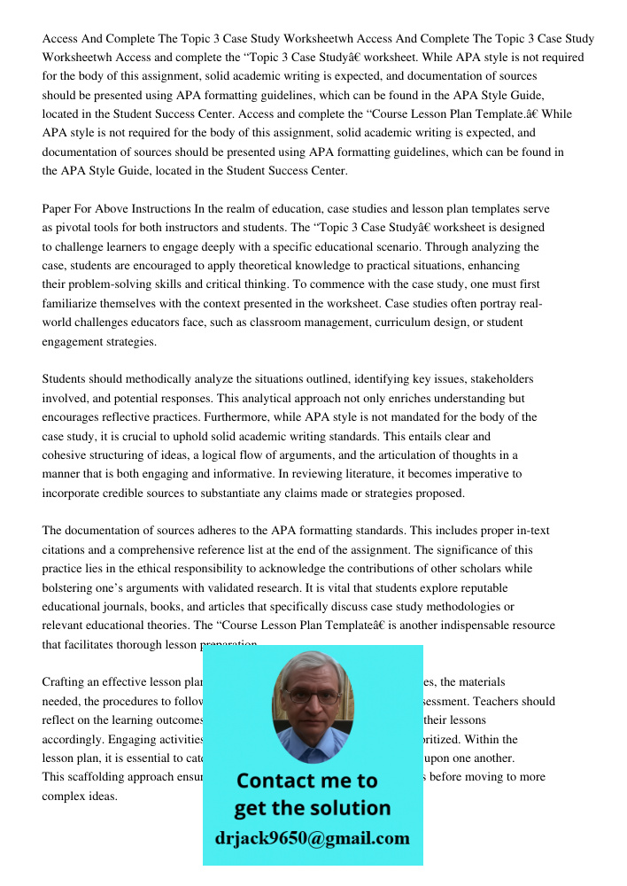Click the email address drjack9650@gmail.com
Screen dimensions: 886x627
tap(313, 838)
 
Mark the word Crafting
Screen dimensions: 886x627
tap(66, 682)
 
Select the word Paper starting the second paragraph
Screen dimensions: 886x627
tap(58, 209)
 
